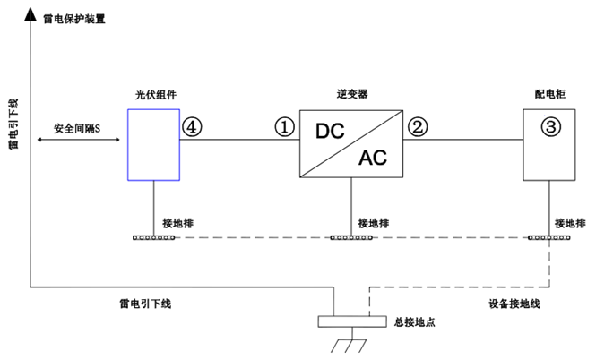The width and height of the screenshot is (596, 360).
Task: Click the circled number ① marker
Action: tap(284, 126)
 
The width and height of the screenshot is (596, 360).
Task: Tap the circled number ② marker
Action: tap(417, 126)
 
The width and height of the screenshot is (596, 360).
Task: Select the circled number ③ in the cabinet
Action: tap(550, 126)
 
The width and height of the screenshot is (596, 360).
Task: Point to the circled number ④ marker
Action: tap(192, 126)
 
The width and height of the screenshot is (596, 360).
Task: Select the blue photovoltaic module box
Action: tap(153, 143)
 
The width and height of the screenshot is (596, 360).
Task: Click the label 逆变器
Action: tap(352, 93)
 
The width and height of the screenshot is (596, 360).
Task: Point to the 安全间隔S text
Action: tap(78, 129)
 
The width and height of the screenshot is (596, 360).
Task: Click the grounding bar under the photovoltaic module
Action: tap(153, 237)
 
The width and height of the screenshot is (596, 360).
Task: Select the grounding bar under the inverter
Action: tap(352, 237)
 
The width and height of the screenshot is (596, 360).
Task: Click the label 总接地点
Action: tap(413, 320)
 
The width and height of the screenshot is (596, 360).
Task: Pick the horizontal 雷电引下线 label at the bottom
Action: tap(144, 304)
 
